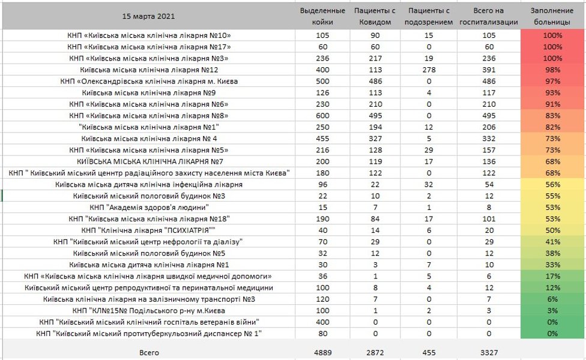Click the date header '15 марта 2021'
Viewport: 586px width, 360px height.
[148, 16]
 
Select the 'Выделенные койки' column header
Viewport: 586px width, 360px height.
[322, 16]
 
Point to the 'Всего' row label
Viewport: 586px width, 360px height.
[148, 353]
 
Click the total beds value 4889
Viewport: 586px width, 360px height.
[322, 353]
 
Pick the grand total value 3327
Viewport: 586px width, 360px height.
[488, 353]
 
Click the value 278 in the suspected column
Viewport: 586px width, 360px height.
[429, 70]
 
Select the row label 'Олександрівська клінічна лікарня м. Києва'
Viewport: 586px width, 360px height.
[148, 82]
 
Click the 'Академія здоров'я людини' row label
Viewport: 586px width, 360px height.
[148, 208]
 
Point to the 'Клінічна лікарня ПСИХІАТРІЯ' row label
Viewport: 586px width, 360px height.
[148, 230]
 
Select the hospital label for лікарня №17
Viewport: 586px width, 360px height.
[148, 47]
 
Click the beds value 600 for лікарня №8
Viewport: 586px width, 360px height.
[322, 116]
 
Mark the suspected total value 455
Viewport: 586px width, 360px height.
[429, 353]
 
